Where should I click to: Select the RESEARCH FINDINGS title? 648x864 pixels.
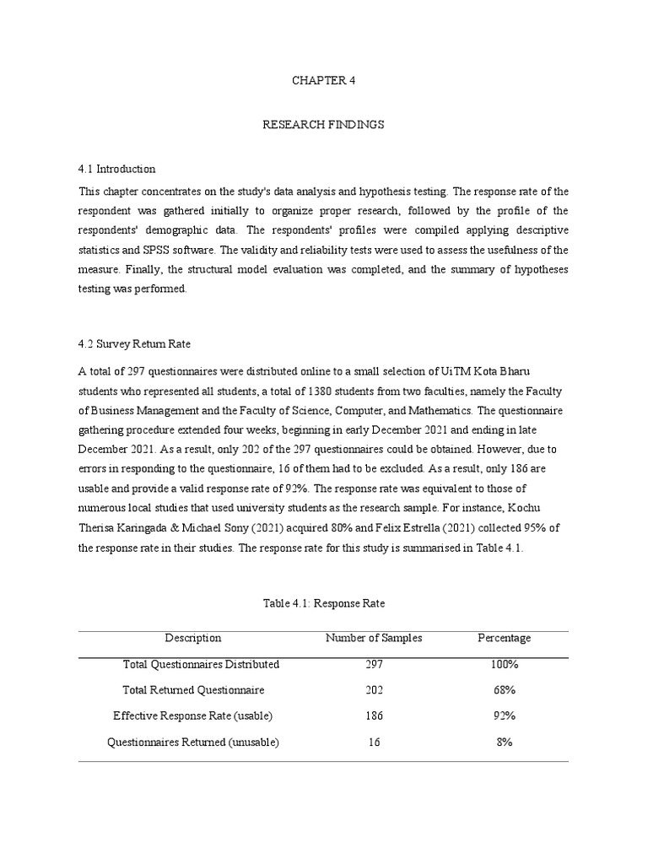[x=323, y=125]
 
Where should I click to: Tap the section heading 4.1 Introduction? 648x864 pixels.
[x=116, y=170]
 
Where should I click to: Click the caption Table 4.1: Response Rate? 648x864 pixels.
[x=323, y=604]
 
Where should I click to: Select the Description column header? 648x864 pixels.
[x=193, y=639]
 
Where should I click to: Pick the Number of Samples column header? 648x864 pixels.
[x=374, y=639]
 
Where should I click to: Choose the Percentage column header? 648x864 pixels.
[x=505, y=639]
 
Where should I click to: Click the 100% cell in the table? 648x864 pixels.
[x=505, y=665]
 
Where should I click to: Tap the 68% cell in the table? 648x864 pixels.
[x=505, y=690]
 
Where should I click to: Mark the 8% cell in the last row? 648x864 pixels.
[x=505, y=742]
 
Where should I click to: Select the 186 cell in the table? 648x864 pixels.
[x=374, y=716]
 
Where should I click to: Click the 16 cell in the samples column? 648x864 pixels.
[x=374, y=742]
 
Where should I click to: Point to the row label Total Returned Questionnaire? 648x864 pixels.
[x=193, y=690]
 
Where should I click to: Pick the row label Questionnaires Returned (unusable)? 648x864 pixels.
[x=193, y=742]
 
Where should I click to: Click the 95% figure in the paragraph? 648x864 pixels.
[x=531, y=528]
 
